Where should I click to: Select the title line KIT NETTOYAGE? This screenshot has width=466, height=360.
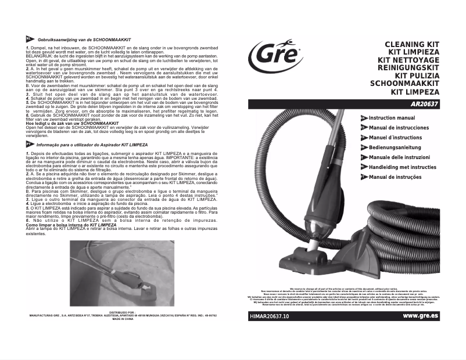click(409, 60)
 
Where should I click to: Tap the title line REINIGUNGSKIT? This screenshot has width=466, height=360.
click(409, 67)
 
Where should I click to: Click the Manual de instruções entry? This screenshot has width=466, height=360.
click(396, 177)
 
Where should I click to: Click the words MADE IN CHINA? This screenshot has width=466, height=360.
click(122, 319)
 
